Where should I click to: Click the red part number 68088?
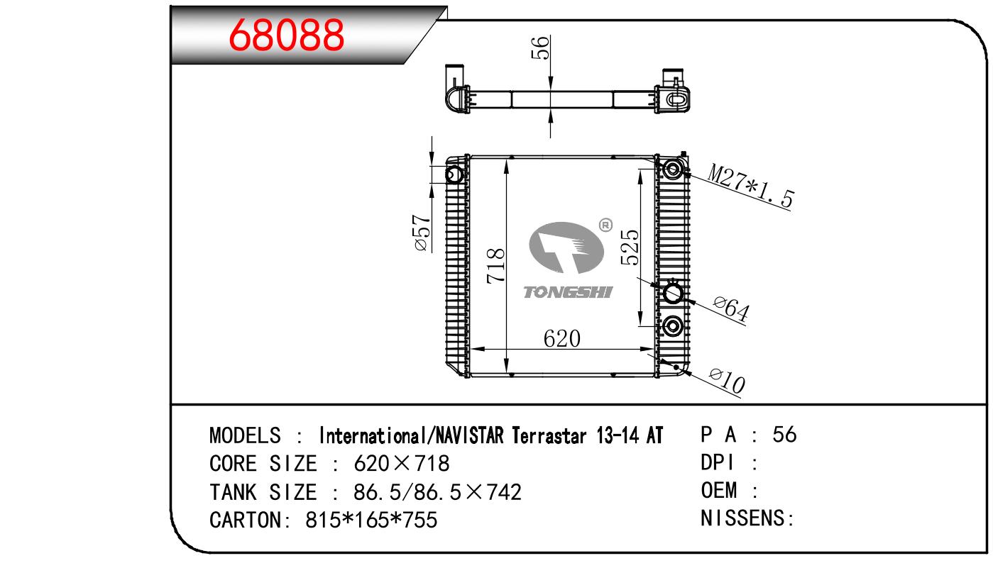(x=286, y=35)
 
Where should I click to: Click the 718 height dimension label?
(x=495, y=266)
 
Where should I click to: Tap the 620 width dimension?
(x=561, y=339)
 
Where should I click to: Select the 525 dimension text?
(x=630, y=247)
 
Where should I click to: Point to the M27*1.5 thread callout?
(x=750, y=186)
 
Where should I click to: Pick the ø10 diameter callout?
(x=728, y=380)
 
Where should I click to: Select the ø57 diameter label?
(x=422, y=233)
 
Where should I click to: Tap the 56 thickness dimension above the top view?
(x=540, y=48)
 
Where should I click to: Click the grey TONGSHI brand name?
(x=568, y=292)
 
